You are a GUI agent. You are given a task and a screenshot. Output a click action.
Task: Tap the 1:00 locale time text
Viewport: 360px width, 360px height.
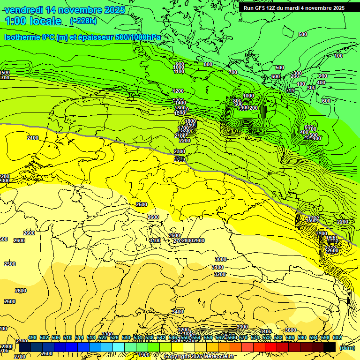[x=33, y=21]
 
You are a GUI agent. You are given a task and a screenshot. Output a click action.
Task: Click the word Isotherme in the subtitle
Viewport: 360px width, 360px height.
[x=22, y=37]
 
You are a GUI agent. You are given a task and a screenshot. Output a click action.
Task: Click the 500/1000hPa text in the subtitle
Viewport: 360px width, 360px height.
[x=138, y=37]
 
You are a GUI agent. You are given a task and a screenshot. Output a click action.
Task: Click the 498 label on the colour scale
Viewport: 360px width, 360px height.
[x=32, y=337]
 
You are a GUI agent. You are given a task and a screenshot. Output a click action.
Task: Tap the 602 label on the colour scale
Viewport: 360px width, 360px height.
[x=337, y=337]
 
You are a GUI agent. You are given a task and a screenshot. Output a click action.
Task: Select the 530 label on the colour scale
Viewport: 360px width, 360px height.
[x=126, y=337]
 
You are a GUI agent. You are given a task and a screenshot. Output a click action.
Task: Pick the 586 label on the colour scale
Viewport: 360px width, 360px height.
[x=290, y=337]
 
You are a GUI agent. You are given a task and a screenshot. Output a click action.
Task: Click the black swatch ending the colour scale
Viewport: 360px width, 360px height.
[x=330, y=347]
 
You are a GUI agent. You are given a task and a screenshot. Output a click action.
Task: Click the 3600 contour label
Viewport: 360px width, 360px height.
[x=291, y=330]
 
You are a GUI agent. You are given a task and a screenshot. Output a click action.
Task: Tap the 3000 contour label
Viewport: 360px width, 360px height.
[x=220, y=259]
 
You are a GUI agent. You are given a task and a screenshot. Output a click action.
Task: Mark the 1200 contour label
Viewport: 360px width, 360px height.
[x=178, y=91]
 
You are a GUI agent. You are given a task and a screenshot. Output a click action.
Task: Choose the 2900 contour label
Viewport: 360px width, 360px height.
[x=198, y=240]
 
